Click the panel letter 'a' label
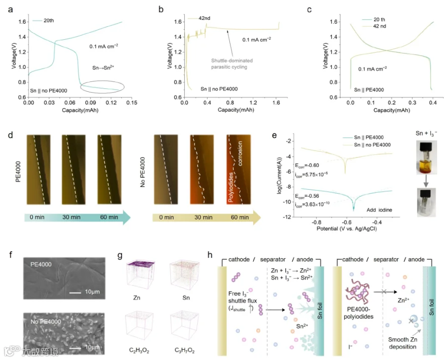10,10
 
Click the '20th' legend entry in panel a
49,20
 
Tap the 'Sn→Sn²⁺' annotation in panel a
103,68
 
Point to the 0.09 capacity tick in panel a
90,103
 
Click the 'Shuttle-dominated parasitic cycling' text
232,64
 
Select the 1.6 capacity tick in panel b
276,103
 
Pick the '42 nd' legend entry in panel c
379,26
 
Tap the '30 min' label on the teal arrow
71,217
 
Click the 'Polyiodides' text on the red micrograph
230,187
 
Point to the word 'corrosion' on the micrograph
240,153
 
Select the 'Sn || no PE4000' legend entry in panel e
372,145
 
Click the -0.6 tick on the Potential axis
346,222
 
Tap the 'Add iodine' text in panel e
379,210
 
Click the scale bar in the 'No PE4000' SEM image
75,348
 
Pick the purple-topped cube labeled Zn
141,274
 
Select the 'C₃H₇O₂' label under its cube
184,350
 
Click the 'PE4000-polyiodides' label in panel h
358,313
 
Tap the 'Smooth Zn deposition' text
402,343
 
